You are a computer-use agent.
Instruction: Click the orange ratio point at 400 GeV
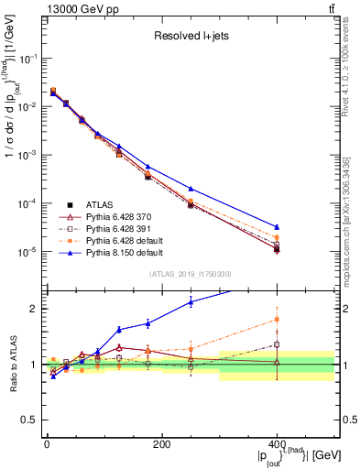[x=277, y=320]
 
